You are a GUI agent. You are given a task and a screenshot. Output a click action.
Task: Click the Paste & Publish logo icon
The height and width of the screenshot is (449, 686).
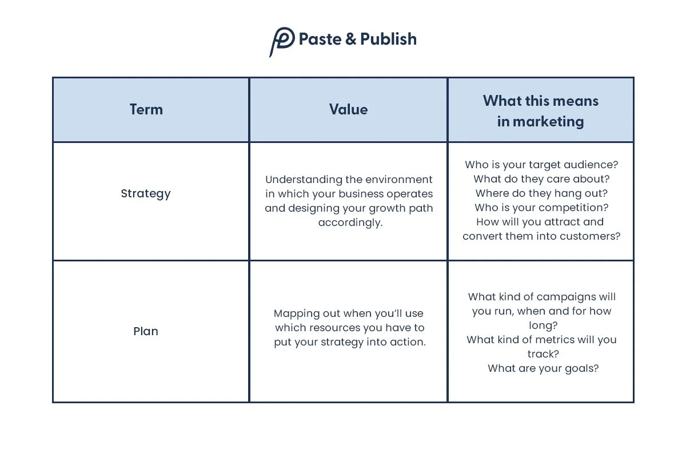click(x=281, y=41)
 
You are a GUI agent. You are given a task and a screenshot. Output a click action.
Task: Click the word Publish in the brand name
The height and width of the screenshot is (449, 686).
click(x=388, y=39)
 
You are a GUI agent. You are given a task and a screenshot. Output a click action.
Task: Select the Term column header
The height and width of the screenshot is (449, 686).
click(x=146, y=109)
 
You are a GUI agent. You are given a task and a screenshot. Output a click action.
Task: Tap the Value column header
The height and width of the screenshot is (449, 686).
click(x=348, y=109)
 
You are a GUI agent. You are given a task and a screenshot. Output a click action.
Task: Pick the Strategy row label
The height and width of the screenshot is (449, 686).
click(x=146, y=194)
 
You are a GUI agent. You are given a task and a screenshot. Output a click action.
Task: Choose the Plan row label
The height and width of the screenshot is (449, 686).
click(x=146, y=331)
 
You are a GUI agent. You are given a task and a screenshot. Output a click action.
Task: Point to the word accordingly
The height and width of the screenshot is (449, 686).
click(x=350, y=222)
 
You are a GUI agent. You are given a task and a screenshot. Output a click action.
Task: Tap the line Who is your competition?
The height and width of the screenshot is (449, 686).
click(x=541, y=208)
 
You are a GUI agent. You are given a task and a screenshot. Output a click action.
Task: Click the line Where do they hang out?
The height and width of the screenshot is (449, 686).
click(x=541, y=193)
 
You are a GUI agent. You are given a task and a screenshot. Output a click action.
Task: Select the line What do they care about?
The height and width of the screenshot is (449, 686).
click(x=541, y=179)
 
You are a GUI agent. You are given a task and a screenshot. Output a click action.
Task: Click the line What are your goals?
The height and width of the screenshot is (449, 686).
click(x=543, y=368)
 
